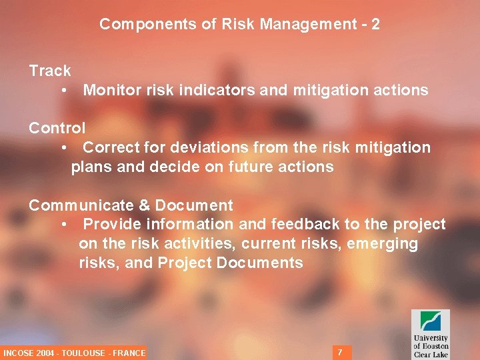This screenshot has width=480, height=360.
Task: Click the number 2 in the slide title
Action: [x=375, y=25]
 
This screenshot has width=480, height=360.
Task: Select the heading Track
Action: [x=50, y=71]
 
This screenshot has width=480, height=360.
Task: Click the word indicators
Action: [x=212, y=90]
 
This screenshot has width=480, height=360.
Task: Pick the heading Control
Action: [x=57, y=128]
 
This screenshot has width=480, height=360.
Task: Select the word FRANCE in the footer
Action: [x=129, y=353]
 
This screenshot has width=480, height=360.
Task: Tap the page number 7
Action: [x=340, y=351]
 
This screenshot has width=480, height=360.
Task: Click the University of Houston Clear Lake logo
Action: [x=430, y=334]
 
